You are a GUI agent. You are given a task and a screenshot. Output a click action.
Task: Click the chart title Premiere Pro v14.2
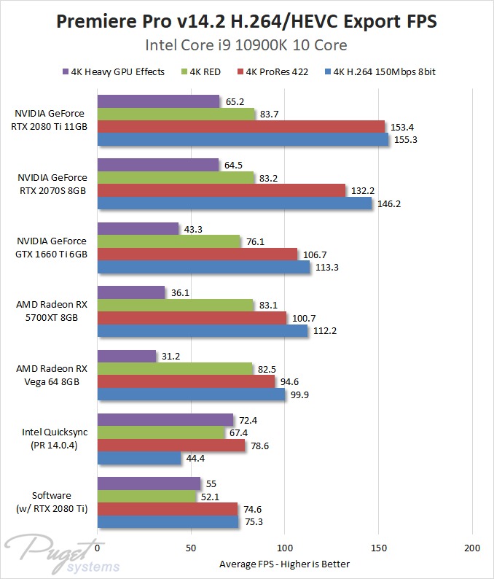[x=247, y=22]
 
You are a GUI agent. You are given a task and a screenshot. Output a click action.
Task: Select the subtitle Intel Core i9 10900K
[x=247, y=45]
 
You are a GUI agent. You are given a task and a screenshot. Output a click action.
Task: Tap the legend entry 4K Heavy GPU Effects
[x=119, y=72]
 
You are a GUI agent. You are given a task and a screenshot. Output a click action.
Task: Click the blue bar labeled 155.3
[x=243, y=139]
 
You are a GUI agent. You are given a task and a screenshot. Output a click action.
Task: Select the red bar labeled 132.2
[x=221, y=190]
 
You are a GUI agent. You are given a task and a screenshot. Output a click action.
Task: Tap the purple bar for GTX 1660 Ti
[x=138, y=229]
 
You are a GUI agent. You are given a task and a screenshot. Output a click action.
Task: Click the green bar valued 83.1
[x=175, y=306]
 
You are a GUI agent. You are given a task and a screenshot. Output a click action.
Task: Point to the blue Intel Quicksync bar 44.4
[x=138, y=458]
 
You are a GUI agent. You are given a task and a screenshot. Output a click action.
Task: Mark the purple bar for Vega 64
[x=126, y=357]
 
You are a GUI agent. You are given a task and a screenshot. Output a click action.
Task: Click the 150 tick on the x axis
[x=379, y=548]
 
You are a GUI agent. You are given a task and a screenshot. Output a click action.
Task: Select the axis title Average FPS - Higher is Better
[x=284, y=564]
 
